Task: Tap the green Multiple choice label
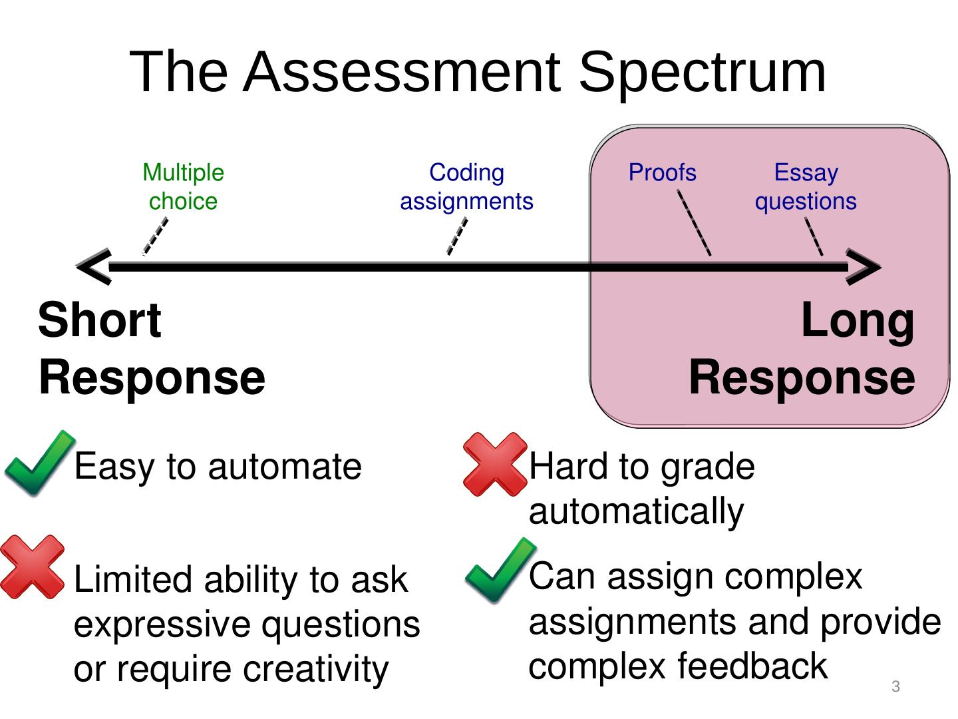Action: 183,187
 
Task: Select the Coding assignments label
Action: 466,187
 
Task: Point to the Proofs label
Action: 662,173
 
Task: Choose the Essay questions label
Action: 806,187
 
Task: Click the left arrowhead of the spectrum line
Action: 93,267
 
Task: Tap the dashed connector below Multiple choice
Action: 156,237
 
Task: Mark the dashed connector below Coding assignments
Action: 456,237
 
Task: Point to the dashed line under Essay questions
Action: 814,237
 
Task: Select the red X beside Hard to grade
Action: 494,464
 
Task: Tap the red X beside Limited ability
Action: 32,567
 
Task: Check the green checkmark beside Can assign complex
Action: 500,571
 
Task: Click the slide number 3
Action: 895,686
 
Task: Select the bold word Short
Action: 100,320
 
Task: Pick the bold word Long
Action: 858,320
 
